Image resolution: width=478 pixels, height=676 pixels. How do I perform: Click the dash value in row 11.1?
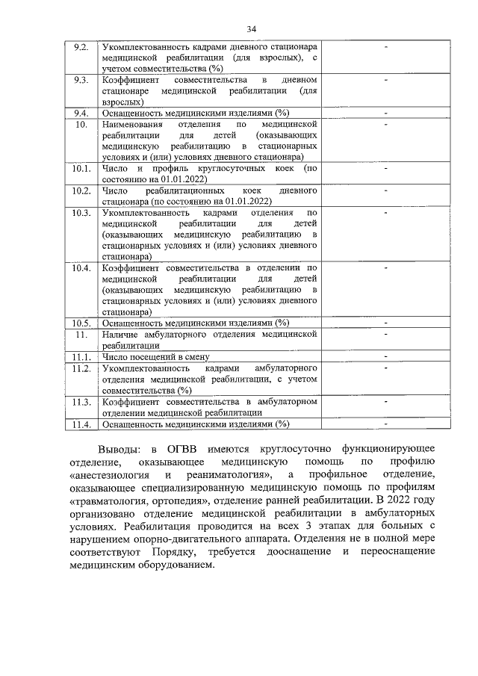point(385,357)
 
